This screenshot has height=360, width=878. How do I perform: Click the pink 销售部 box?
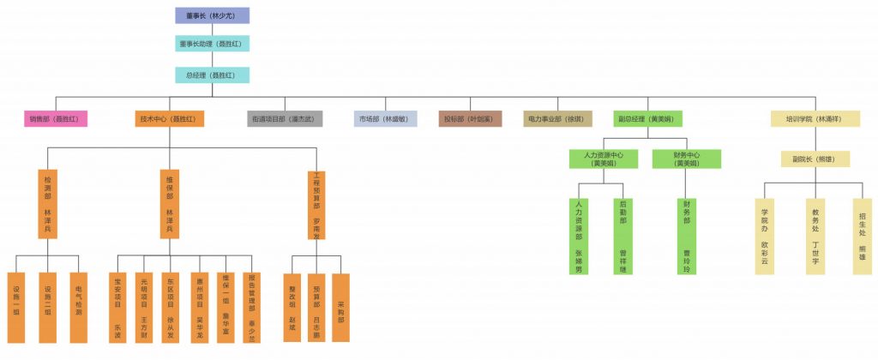[x=55, y=119]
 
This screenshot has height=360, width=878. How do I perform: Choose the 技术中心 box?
[x=171, y=119]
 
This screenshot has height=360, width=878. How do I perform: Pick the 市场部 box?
[x=386, y=119]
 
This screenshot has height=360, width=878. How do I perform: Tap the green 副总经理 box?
[x=648, y=119]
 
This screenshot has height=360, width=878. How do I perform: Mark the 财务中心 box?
[x=686, y=159]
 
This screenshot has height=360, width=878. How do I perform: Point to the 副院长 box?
[x=815, y=159]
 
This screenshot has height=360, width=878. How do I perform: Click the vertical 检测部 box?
[x=48, y=204]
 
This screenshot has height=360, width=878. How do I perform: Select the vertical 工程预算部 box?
[x=317, y=204]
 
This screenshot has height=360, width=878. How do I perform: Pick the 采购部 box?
[x=340, y=308]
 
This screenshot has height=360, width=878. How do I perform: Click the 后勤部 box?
[x=622, y=236]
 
